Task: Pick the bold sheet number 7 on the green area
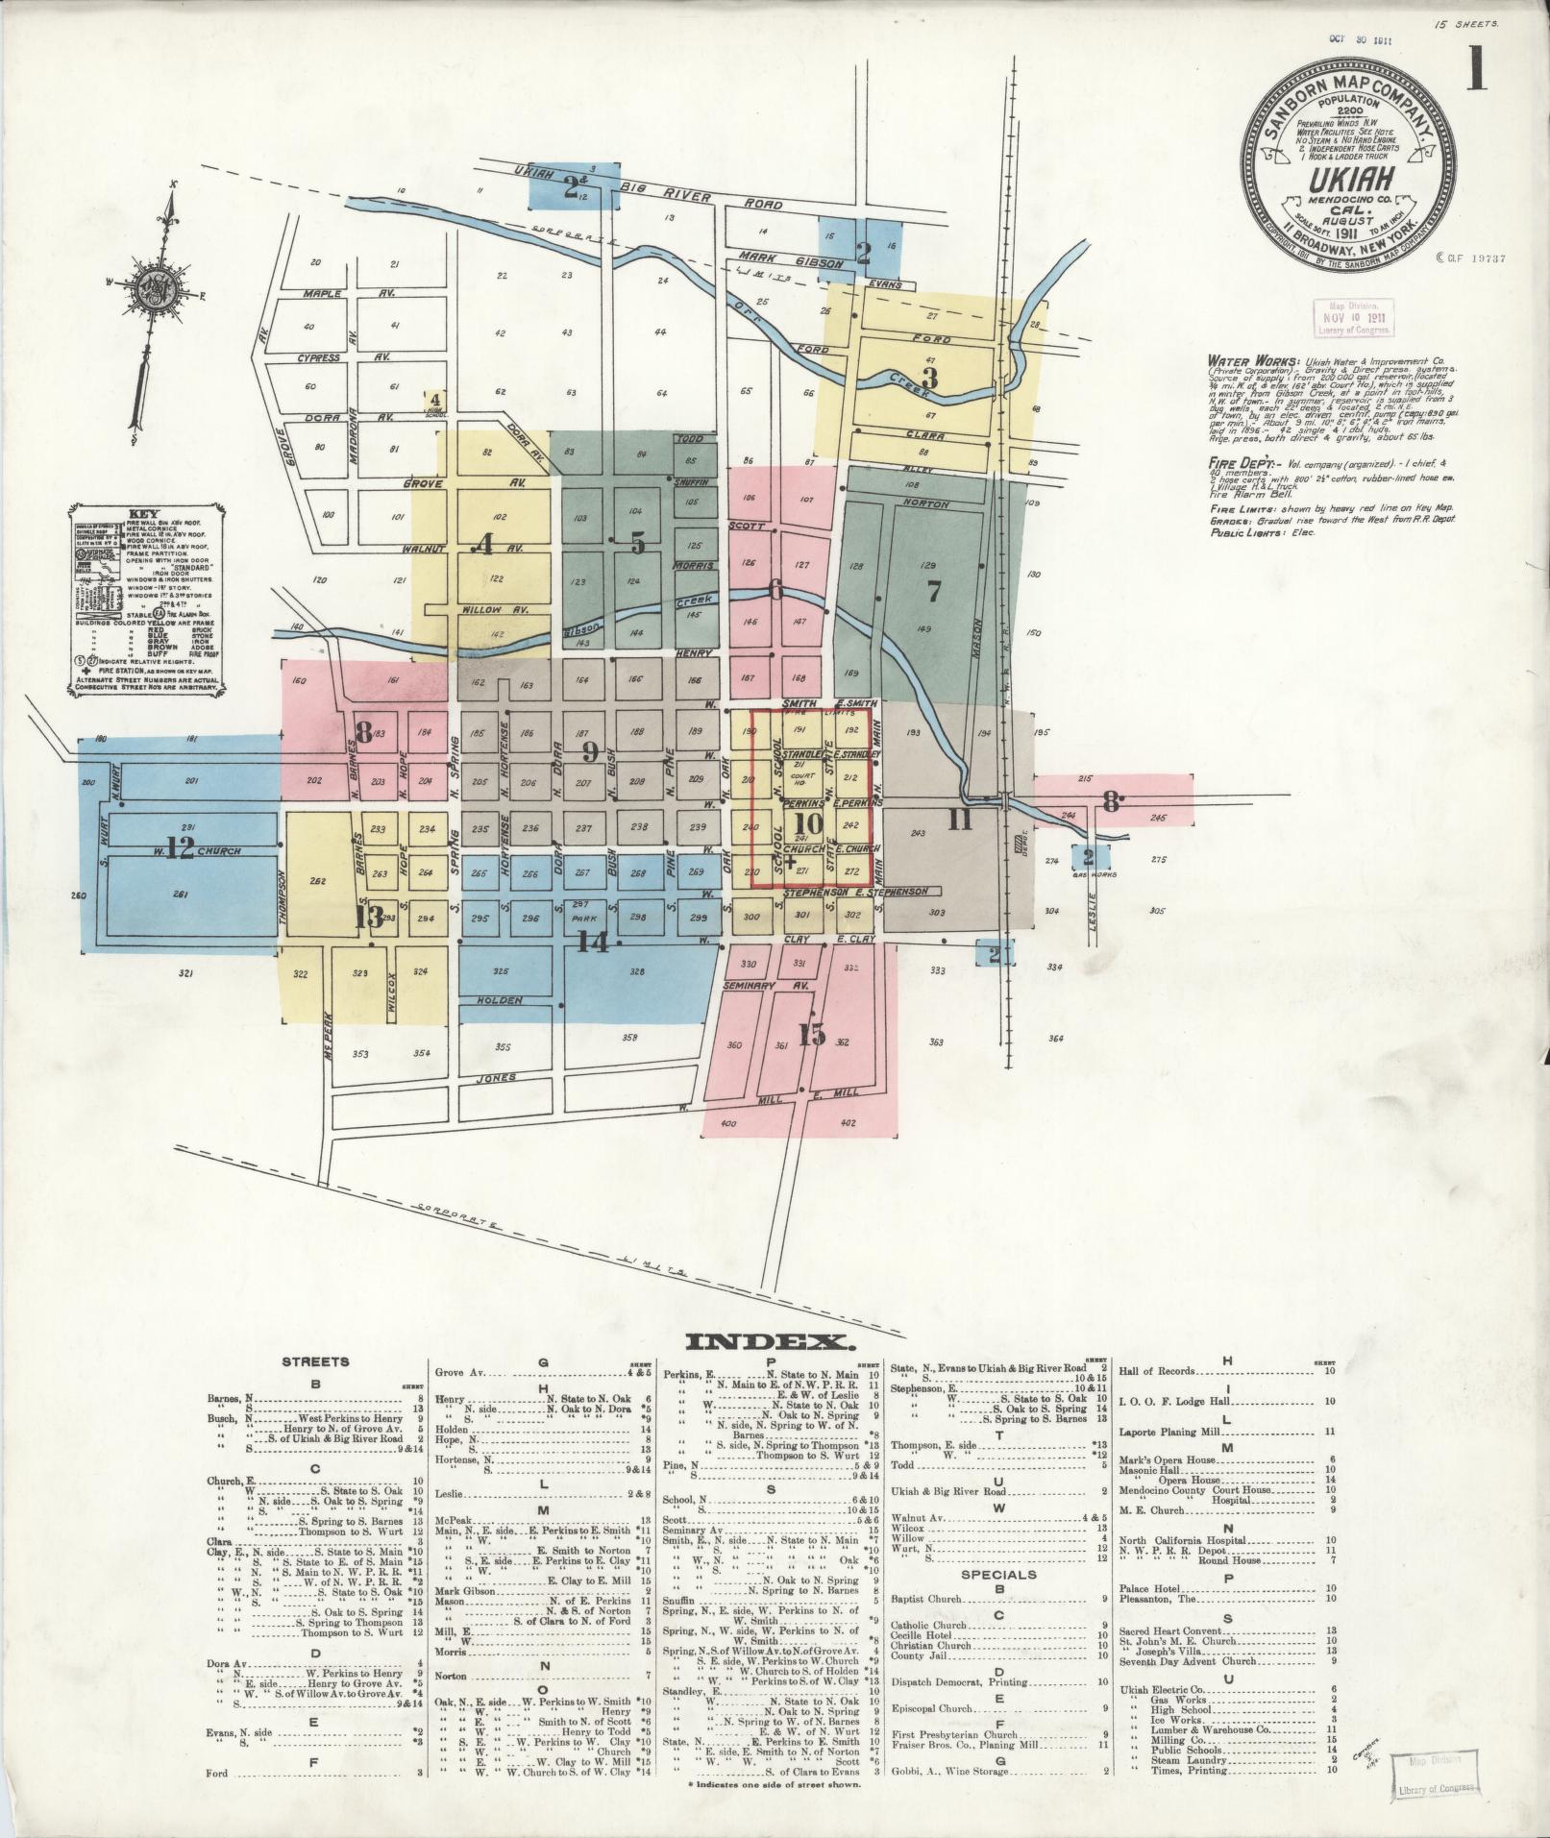[933, 592]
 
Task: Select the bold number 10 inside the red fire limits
[808, 823]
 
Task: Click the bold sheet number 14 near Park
[593, 944]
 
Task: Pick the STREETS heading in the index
[315, 1361]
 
